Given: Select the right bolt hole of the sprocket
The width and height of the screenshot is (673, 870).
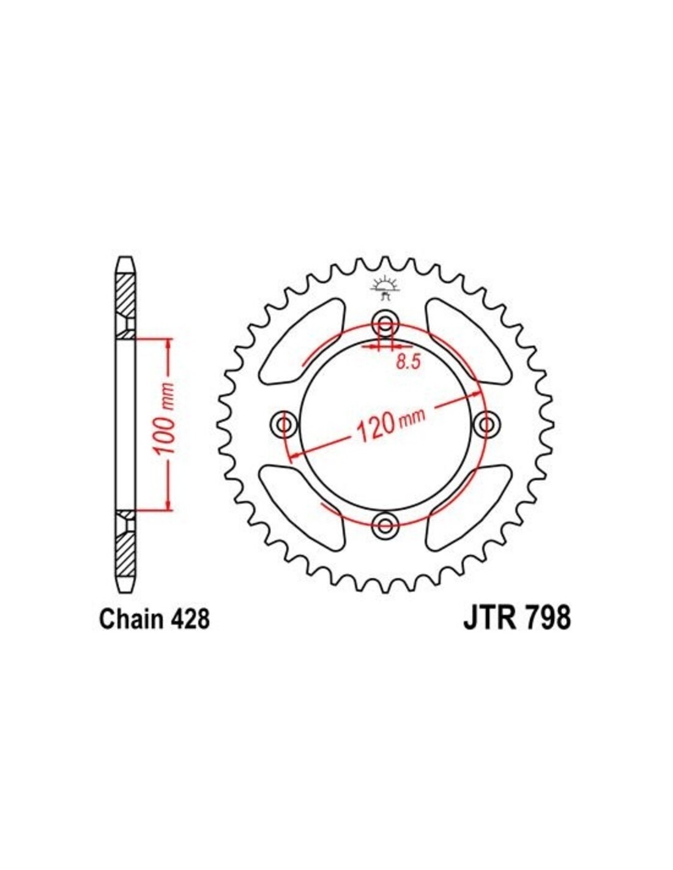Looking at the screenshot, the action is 486,423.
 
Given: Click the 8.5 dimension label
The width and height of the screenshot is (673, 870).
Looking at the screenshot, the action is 408,362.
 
